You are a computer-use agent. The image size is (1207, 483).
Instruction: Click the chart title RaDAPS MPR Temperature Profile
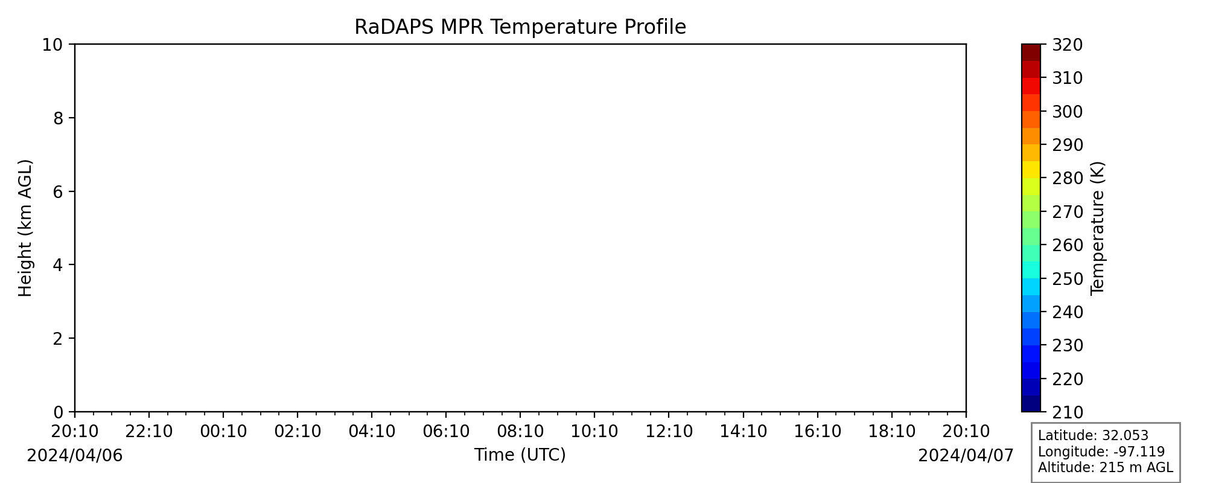click(520, 27)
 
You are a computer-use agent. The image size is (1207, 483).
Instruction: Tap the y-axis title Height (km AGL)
click(25, 228)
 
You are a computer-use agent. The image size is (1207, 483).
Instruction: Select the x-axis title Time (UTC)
click(520, 455)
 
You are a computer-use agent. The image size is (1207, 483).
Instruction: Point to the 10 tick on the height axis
click(53, 45)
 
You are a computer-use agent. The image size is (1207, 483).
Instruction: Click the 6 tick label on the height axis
click(58, 191)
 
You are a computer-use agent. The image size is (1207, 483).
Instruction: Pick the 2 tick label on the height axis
click(58, 339)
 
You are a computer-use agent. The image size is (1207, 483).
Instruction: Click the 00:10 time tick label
click(223, 432)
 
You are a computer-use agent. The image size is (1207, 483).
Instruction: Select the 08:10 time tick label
click(520, 432)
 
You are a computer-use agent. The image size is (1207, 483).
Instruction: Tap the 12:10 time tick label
click(669, 432)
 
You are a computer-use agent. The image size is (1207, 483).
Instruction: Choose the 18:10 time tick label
click(892, 432)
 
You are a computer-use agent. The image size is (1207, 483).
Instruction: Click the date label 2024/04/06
click(75, 455)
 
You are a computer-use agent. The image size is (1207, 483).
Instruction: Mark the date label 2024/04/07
click(966, 455)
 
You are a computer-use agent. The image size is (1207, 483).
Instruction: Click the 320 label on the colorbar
click(1068, 45)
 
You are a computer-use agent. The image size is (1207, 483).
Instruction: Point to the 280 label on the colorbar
click(1068, 179)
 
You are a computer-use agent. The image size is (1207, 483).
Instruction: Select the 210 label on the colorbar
click(1068, 412)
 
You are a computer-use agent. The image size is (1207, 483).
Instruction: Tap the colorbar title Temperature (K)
click(1098, 228)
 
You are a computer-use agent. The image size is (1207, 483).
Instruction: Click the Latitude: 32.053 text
click(1093, 436)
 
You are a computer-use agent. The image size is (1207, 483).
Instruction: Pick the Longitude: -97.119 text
click(1101, 452)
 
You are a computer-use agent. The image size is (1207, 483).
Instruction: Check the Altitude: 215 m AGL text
click(1106, 467)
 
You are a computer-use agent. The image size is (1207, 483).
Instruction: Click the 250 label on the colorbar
click(1068, 279)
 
